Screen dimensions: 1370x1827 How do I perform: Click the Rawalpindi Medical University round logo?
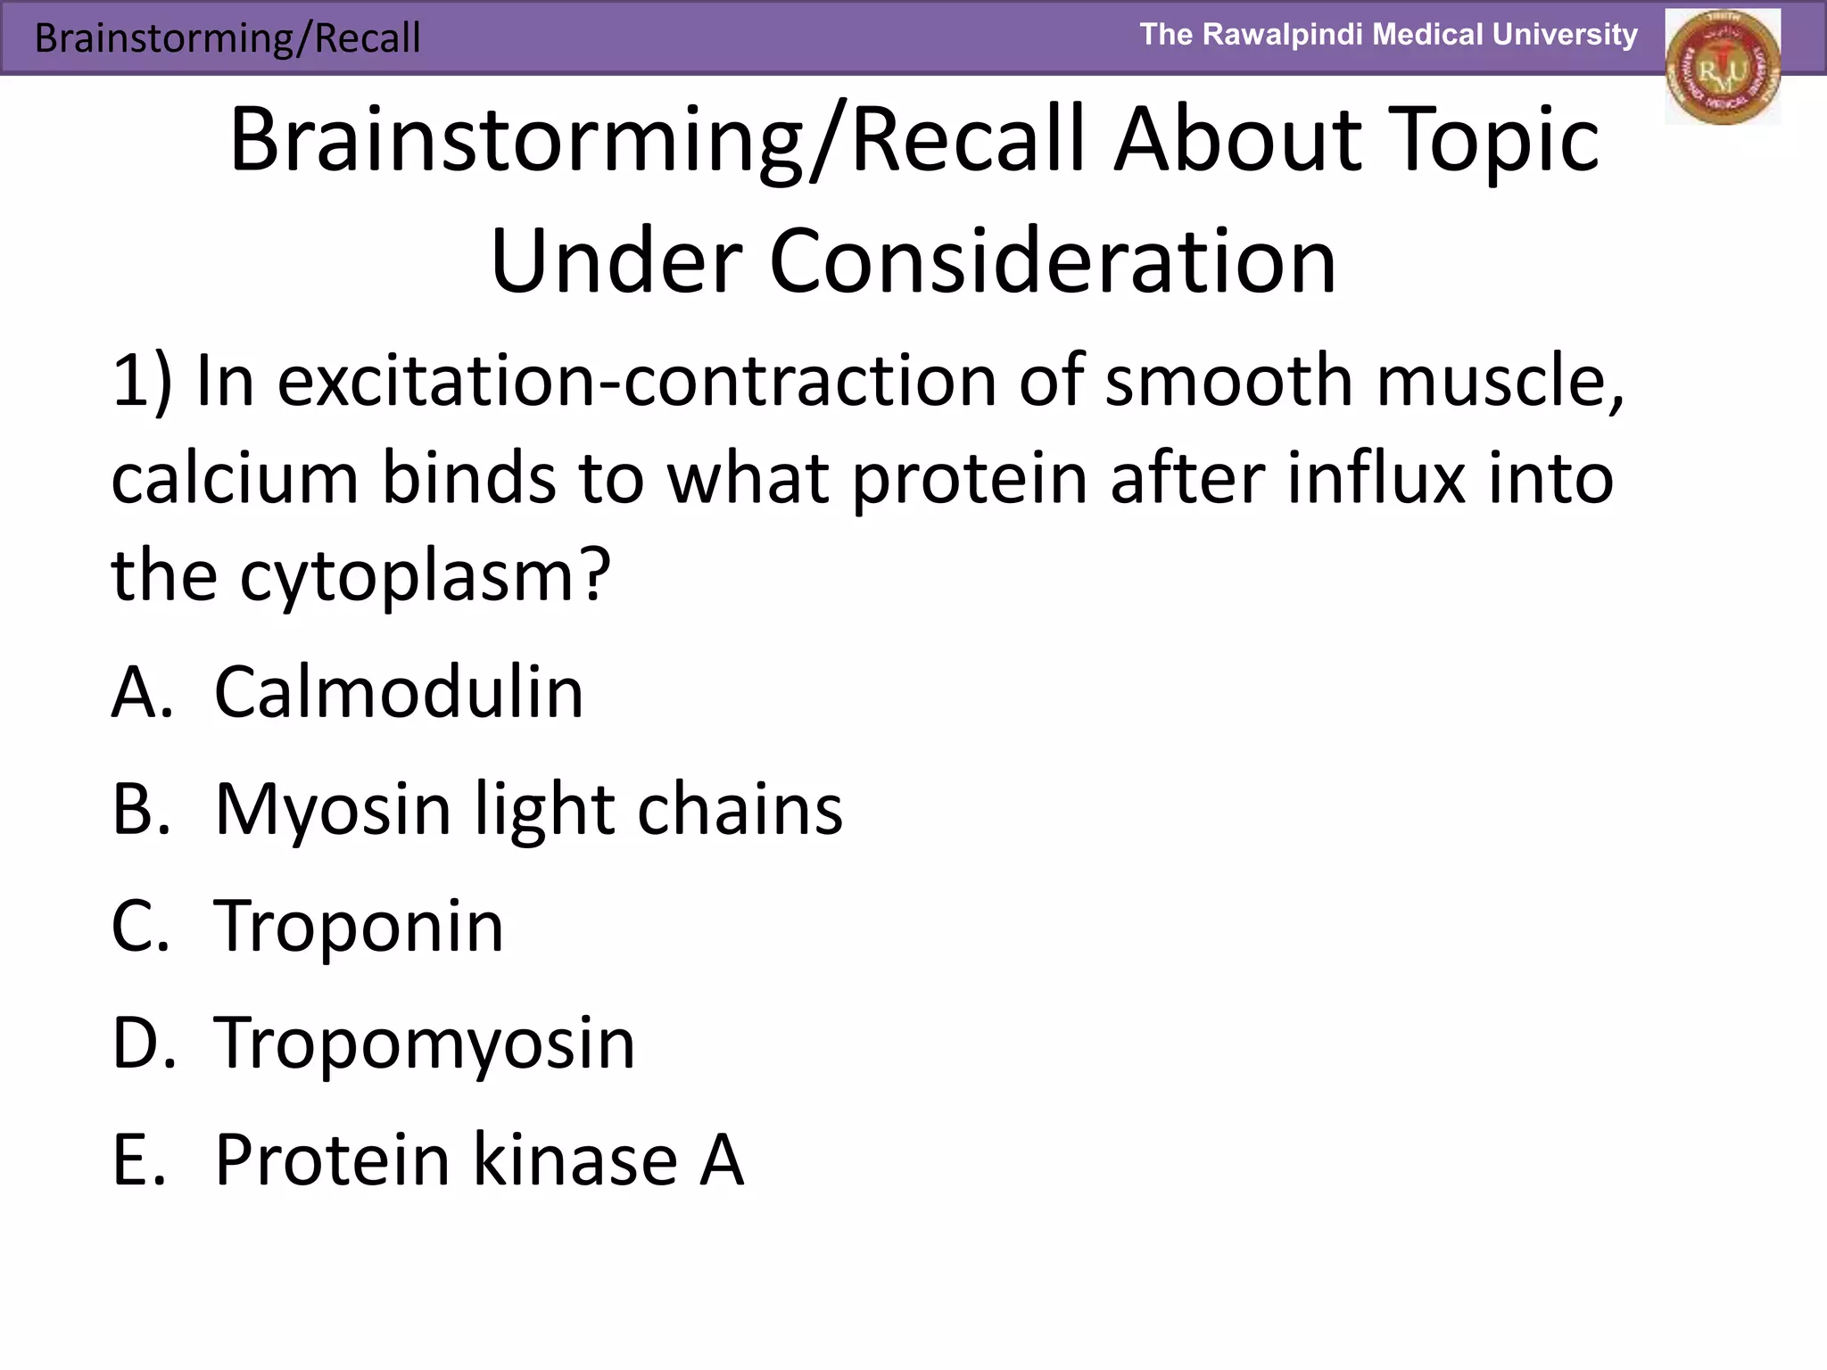[x=1722, y=68]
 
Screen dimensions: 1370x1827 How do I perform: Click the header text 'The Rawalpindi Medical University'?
[x=1388, y=35]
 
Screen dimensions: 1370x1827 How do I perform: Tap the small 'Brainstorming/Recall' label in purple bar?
[x=227, y=38]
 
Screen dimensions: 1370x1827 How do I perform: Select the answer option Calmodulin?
[x=398, y=692]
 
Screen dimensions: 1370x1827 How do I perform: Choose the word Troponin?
[x=359, y=926]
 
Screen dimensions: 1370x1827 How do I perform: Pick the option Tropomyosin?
[x=425, y=1043]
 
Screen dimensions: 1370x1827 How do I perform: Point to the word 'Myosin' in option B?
[x=332, y=809]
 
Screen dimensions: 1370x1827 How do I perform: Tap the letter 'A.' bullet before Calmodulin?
[x=141, y=692]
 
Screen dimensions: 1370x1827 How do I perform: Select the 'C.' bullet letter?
[x=140, y=926]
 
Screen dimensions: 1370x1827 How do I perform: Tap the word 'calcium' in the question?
[x=235, y=478]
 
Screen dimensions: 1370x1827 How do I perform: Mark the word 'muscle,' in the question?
[x=1500, y=381]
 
